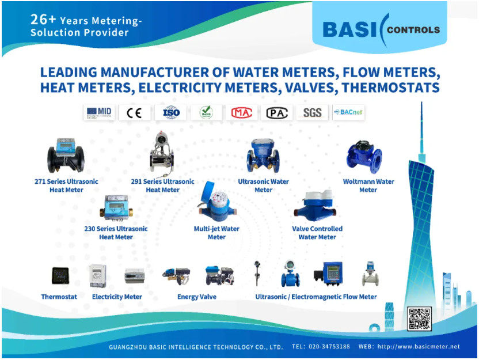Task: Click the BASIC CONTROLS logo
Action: [381, 29]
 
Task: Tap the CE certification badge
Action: [134, 112]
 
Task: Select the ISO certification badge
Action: [171, 112]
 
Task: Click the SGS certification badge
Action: [313, 112]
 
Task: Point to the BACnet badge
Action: [348, 112]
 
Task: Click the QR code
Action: [419, 319]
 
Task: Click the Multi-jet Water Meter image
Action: [214, 204]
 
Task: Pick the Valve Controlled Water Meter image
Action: [318, 206]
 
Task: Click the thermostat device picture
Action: [59, 277]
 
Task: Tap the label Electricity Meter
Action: [117, 297]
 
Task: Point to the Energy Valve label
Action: [196, 297]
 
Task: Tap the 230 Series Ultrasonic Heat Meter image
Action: [116, 207]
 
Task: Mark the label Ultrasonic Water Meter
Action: [263, 185]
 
